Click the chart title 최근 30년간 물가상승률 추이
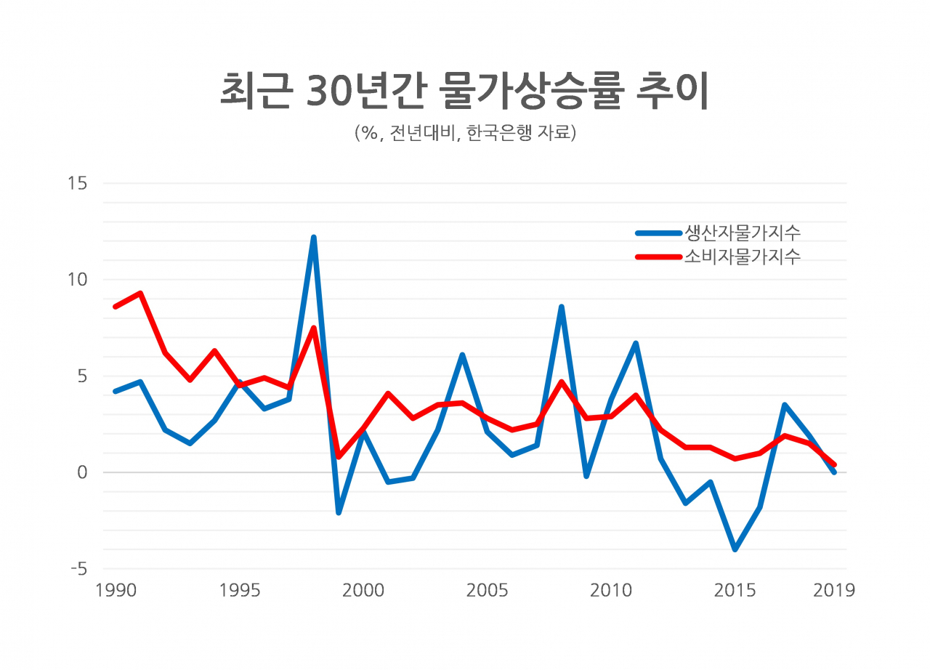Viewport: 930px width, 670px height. [464, 91]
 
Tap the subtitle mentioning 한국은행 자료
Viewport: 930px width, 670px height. [465, 133]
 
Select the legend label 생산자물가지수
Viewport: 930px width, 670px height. [742, 233]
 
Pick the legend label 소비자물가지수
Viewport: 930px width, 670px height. [742, 256]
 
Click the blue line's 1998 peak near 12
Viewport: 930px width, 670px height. [314, 238]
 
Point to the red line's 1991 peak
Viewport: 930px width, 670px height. [140, 293]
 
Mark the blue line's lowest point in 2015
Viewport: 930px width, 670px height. [735, 549]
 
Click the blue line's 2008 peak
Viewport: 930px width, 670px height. [562, 307]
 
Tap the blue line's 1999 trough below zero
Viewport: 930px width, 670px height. [339, 512]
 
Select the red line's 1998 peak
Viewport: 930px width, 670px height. [314, 328]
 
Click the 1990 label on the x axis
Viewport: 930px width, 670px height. [116, 590]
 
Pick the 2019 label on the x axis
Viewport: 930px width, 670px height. [834, 590]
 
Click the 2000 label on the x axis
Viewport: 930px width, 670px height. [363, 590]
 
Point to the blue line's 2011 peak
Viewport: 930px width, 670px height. [636, 343]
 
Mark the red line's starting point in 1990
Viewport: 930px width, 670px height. [116, 307]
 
